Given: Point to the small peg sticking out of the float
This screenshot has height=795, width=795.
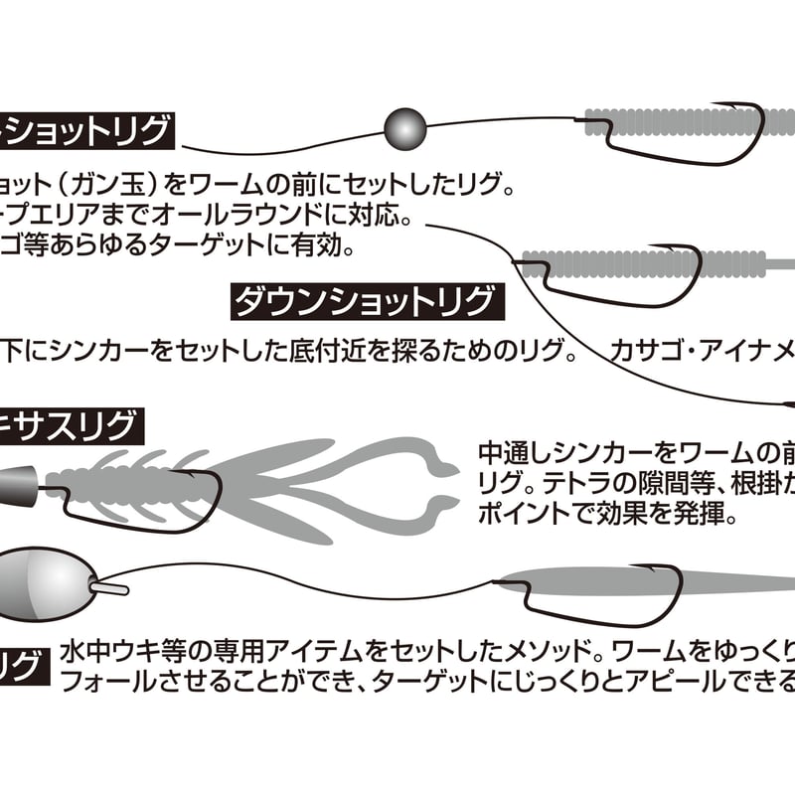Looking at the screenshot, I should pos(111,587).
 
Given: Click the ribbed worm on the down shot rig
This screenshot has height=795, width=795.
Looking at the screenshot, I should pos(636,263).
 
